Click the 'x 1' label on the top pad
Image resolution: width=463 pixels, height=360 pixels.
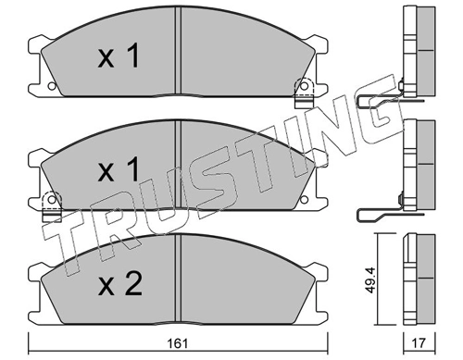[x=119, y=58]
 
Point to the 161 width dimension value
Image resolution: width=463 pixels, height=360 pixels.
[x=179, y=341]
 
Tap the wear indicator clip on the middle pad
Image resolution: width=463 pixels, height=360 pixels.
[x=51, y=199]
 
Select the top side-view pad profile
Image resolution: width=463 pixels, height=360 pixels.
[x=419, y=51]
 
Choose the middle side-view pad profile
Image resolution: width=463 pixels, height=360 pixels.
[x=419, y=167]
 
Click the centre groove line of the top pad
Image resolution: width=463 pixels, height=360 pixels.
[x=177, y=56]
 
